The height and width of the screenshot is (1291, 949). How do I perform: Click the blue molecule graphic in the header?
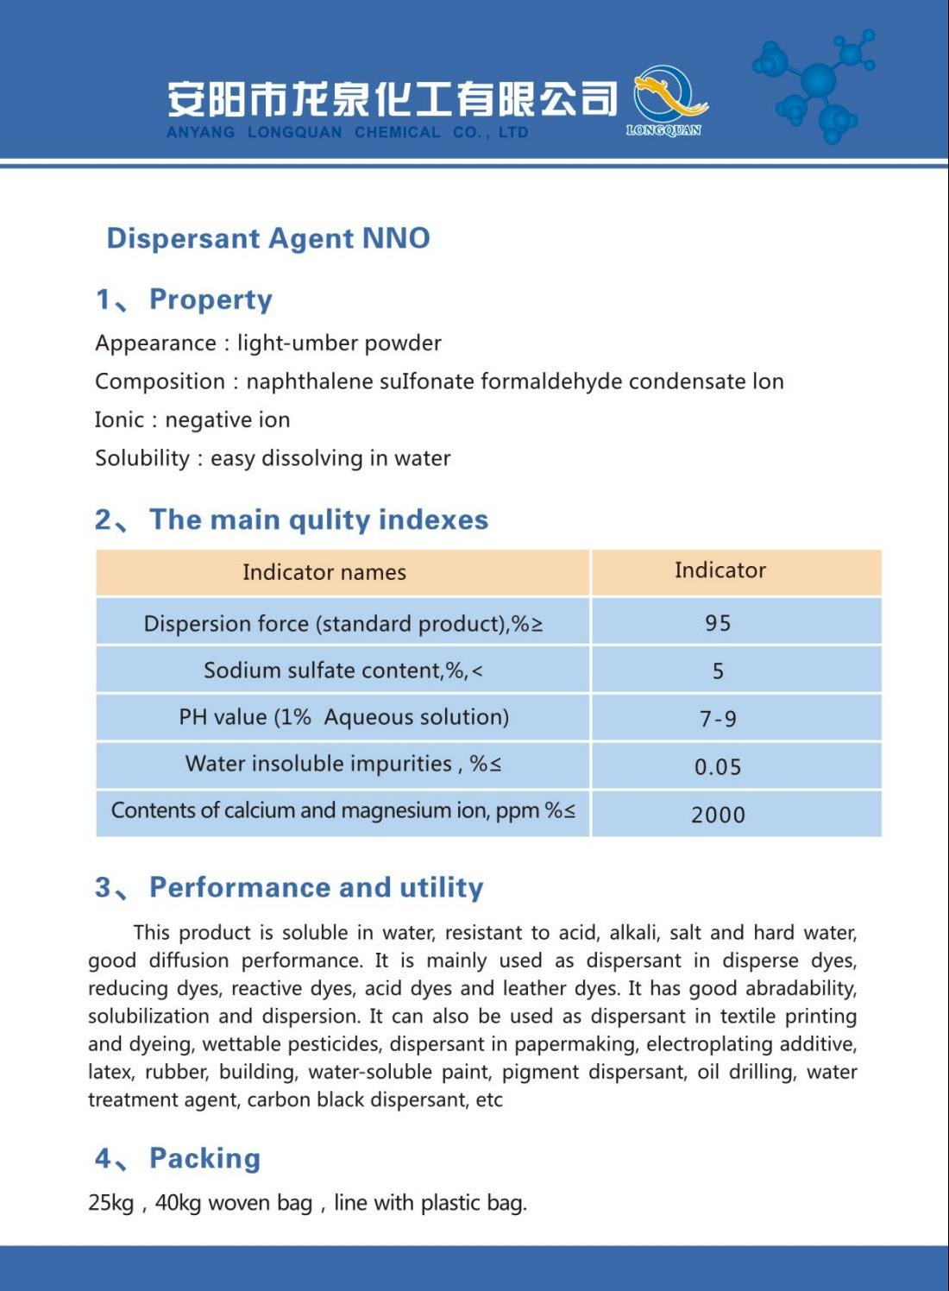[816, 83]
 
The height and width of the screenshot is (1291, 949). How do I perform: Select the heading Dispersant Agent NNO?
[267, 238]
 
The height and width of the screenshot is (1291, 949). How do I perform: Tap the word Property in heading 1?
[211, 299]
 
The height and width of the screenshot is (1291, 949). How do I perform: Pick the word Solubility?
[142, 458]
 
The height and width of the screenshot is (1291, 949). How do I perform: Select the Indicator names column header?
[324, 572]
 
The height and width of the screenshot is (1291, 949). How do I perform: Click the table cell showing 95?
[718, 623]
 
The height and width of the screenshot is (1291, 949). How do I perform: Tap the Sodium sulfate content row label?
[343, 671]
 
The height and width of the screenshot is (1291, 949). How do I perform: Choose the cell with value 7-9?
[718, 719]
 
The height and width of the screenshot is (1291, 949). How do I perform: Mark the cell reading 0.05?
[718, 767]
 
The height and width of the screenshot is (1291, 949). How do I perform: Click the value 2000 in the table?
[718, 815]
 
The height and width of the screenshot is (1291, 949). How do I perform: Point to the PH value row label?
[343, 717]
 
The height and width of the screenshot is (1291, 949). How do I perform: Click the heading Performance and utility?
[316, 887]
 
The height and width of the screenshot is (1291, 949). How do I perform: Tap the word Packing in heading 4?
[204, 1158]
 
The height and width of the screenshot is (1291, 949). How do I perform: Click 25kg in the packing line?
[110, 1203]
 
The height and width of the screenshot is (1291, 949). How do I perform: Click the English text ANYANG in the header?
[200, 133]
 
